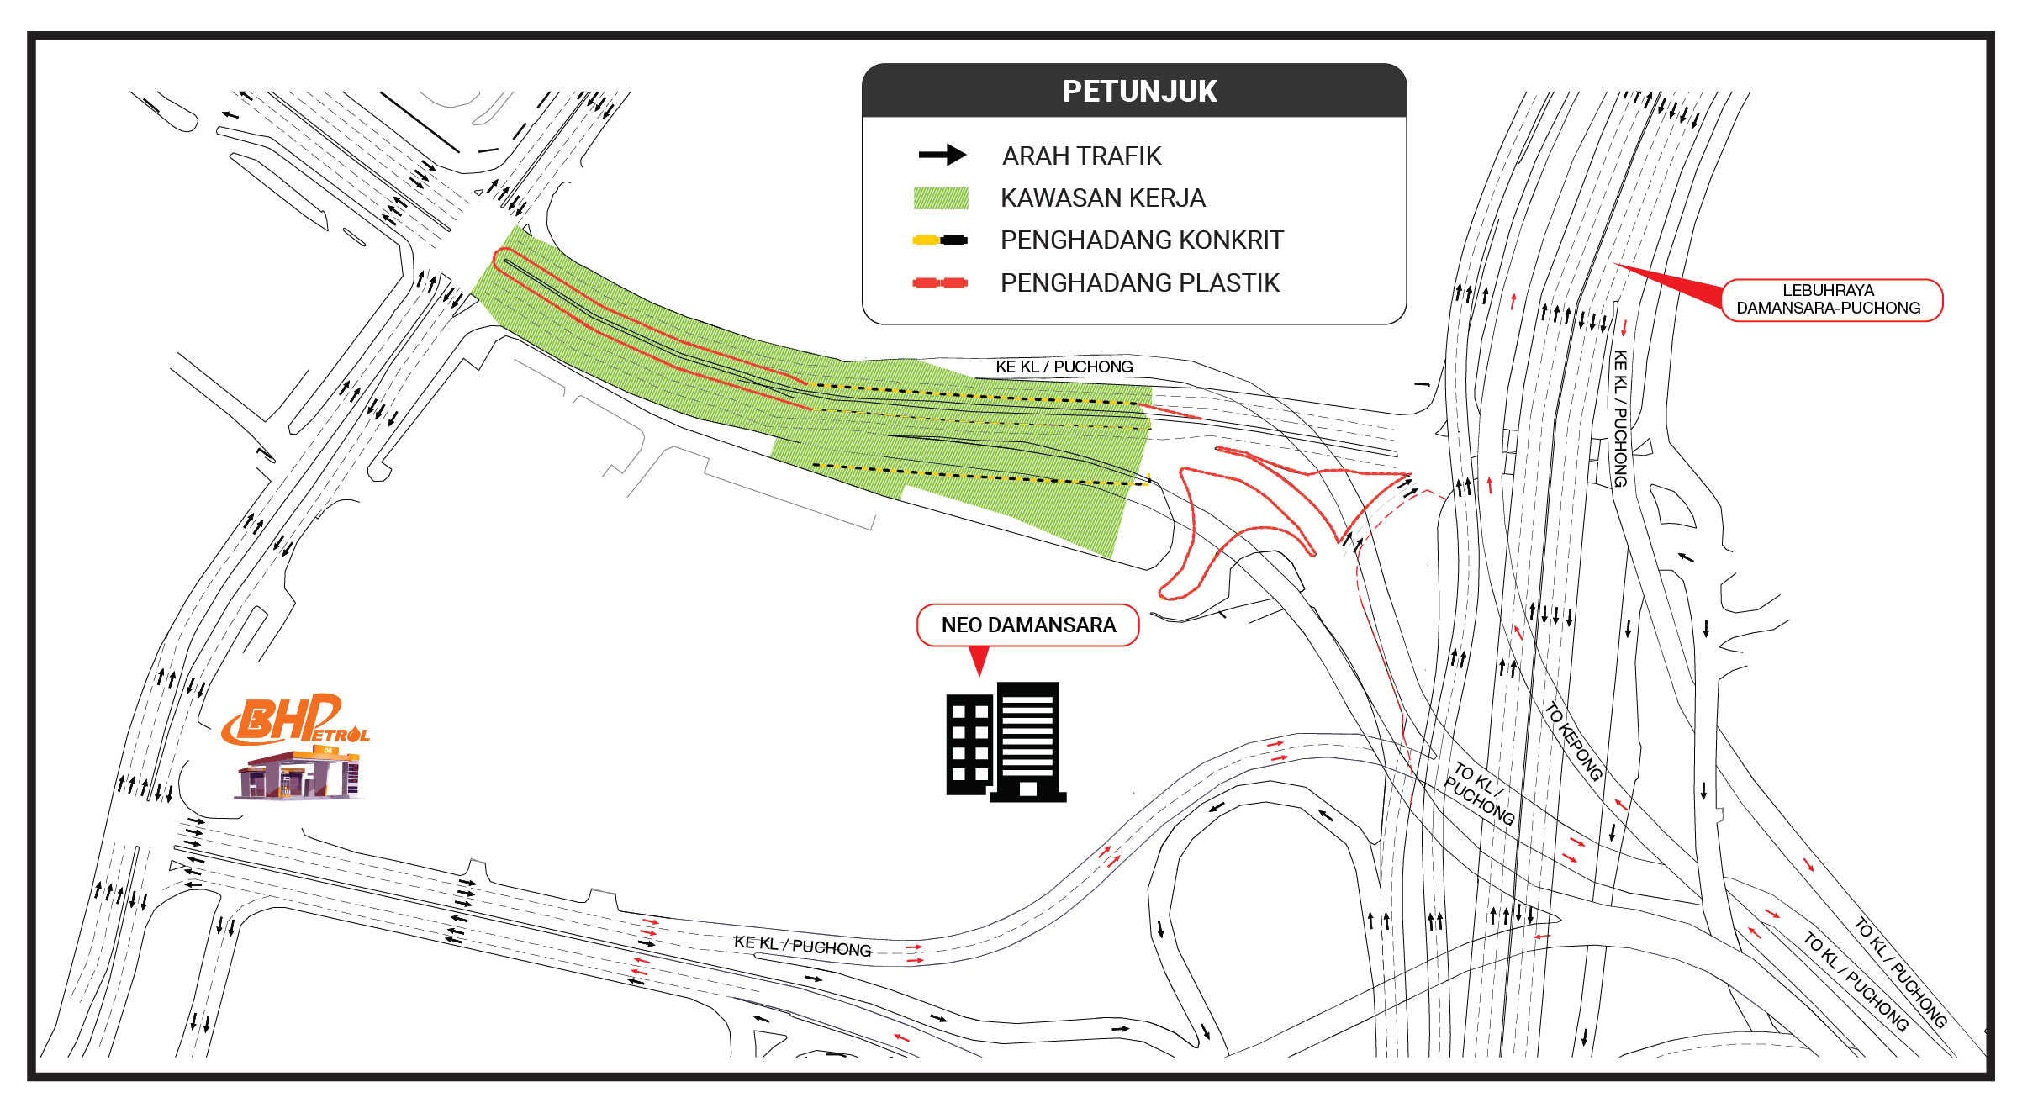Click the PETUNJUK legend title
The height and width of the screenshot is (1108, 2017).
1139,91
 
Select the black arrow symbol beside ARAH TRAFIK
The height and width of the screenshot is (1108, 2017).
942,155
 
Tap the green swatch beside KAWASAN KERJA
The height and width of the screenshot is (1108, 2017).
941,198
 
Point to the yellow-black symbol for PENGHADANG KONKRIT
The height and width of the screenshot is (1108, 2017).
940,240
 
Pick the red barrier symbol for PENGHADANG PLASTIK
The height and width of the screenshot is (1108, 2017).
940,282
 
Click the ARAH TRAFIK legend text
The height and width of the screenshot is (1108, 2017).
1081,156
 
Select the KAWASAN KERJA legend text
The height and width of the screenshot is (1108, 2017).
1103,198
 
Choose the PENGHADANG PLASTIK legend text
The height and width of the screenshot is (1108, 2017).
1140,282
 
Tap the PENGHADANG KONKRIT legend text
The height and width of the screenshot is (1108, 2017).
1142,240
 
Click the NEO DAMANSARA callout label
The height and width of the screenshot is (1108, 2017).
1028,625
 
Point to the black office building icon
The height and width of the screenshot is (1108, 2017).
1006,741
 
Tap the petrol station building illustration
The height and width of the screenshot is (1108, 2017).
298,773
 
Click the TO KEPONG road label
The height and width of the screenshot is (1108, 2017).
1573,741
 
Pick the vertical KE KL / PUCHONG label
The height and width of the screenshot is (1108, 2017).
1619,419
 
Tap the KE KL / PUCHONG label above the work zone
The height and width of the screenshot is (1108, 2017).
1064,367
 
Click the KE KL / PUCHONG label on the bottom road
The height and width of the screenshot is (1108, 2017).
803,946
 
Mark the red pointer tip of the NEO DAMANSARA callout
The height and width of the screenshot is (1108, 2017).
979,676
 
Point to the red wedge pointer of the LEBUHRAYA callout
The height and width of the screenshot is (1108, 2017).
1669,286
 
